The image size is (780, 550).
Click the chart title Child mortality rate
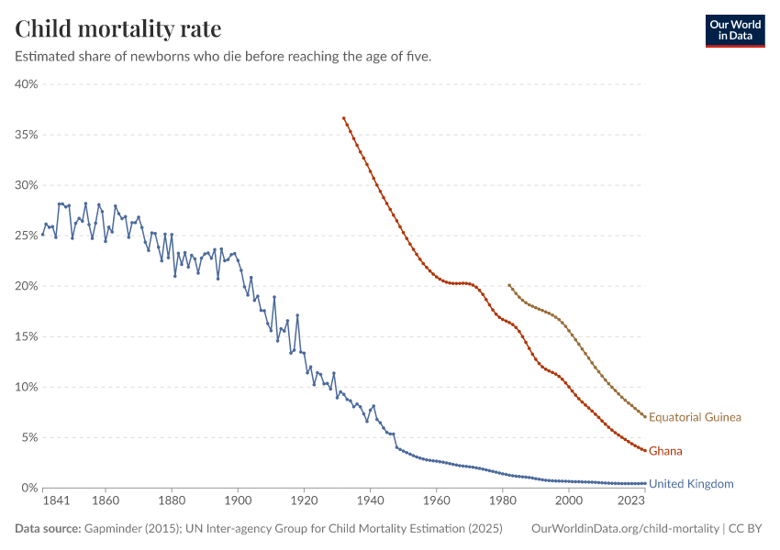tap(117, 28)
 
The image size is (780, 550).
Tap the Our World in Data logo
tap(734, 30)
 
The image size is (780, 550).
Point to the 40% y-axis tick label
tap(25, 84)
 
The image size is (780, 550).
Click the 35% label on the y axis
tap(25, 135)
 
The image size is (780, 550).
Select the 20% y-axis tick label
tap(25, 286)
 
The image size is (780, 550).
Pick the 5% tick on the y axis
tap(28, 437)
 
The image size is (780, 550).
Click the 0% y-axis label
tap(28, 488)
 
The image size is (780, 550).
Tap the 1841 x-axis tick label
tap(43, 501)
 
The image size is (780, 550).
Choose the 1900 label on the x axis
tap(239, 501)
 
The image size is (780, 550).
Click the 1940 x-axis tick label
tap(371, 501)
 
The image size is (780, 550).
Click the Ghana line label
tap(665, 451)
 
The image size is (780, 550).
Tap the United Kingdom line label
tap(691, 483)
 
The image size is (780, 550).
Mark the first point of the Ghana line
tap(344, 118)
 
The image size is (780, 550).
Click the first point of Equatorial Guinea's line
tap(509, 285)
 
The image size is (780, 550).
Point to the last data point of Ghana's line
tap(645, 450)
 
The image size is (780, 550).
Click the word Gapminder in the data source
tap(111, 529)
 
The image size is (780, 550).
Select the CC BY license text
tap(748, 529)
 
